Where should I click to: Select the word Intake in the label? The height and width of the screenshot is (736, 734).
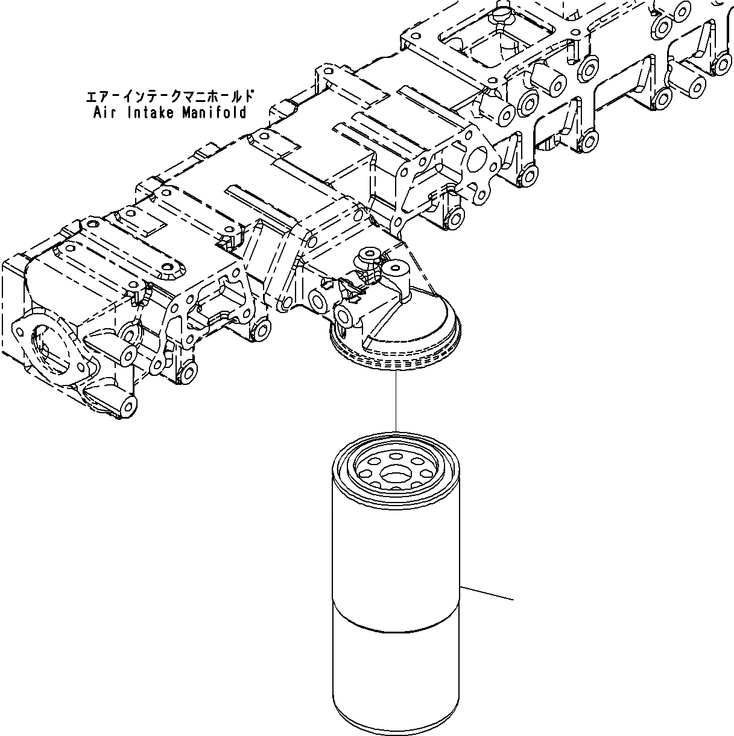pyautogui.click(x=148, y=113)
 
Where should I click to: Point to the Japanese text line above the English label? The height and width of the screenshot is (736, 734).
pyautogui.click(x=169, y=97)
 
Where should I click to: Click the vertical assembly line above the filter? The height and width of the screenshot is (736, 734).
pyautogui.click(x=396, y=401)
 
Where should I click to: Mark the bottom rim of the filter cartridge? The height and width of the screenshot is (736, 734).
pyautogui.click(x=396, y=724)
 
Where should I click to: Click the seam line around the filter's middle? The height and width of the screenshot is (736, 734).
pyautogui.click(x=396, y=630)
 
